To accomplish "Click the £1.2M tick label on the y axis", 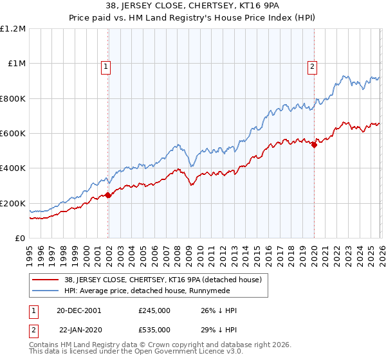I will point(13,29).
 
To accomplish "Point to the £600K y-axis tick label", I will point(13,134).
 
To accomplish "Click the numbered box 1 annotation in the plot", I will point(105,65).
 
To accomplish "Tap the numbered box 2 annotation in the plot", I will point(312,65).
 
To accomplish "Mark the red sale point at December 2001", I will point(108,195).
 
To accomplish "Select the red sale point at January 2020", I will point(314,145).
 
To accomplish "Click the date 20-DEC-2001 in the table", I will point(80,310).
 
